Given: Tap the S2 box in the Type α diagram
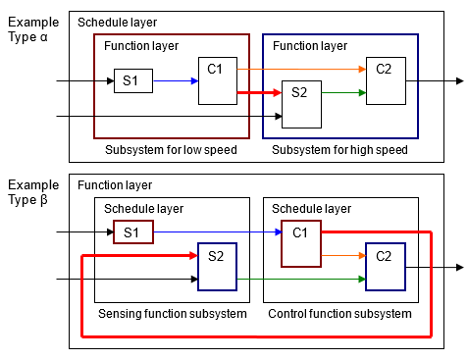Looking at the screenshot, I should coord(301,104).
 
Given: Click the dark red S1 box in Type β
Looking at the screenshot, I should coord(132,233).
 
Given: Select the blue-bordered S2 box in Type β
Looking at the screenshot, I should coord(217,266).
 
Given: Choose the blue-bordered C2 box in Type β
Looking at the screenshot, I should coord(385,266).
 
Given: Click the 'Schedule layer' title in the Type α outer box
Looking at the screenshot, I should coord(117,22).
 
